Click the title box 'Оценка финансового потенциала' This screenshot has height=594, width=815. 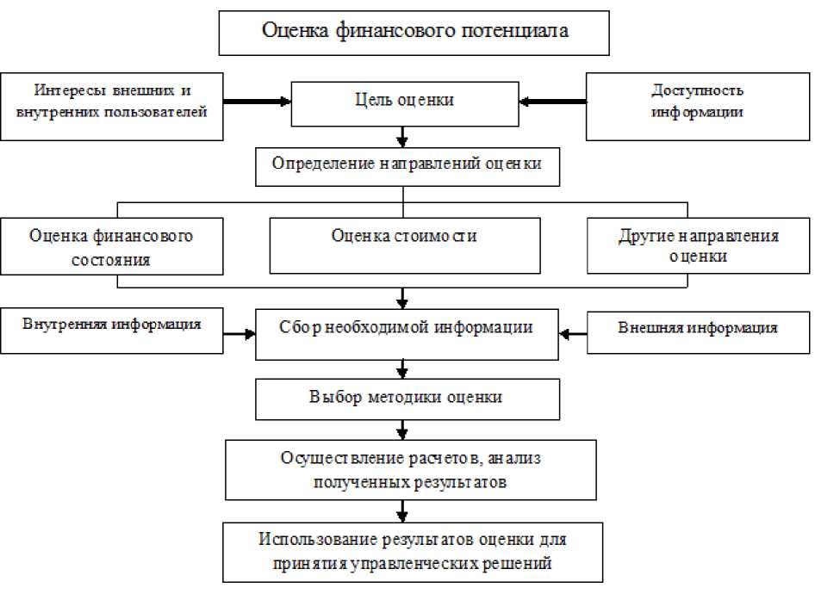[x=414, y=33]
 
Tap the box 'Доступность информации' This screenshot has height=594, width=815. [x=698, y=103]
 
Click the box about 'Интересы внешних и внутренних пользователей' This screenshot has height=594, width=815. [x=112, y=103]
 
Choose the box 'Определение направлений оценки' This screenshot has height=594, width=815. [x=407, y=165]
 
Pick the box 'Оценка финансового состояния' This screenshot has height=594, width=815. [x=110, y=246]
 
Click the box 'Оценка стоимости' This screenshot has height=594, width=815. [x=405, y=244]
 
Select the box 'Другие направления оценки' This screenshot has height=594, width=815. [x=698, y=246]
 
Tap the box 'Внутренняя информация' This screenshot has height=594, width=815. [x=112, y=329]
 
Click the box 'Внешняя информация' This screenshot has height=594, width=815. [x=698, y=329]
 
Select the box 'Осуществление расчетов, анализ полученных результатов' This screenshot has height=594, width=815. [x=410, y=470]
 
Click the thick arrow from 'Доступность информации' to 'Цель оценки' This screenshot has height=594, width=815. [x=552, y=102]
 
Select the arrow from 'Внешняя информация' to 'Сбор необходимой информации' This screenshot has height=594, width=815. [x=572, y=332]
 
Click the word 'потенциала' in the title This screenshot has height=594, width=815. [x=526, y=33]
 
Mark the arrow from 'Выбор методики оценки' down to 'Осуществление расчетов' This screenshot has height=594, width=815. [x=402, y=430]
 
